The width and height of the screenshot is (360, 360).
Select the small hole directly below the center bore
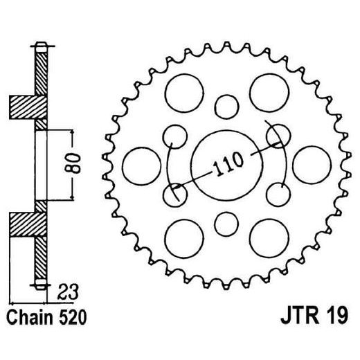coord(225,222)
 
